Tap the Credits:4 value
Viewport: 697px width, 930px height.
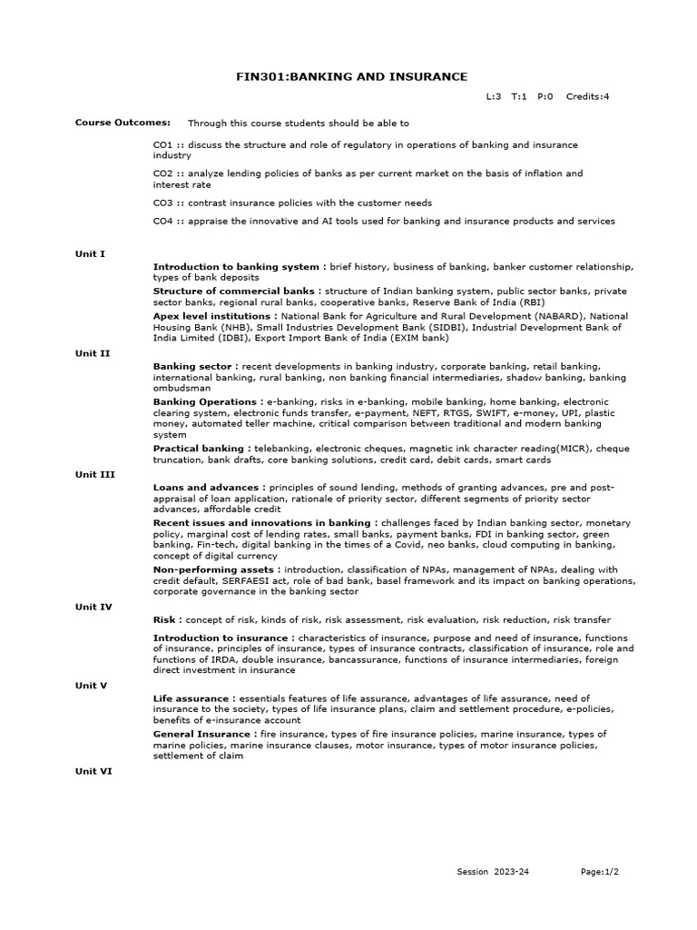click(x=587, y=95)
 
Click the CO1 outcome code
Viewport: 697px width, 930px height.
click(x=163, y=145)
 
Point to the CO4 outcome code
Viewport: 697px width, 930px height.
click(x=163, y=221)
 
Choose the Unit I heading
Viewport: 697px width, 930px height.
click(x=90, y=254)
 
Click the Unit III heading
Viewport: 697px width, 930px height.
click(x=94, y=474)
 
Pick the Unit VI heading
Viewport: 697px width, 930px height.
click(x=93, y=770)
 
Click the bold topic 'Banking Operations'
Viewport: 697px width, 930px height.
click(x=204, y=401)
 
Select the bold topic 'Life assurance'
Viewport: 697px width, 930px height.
click(x=191, y=697)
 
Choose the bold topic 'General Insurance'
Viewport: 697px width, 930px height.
click(x=201, y=734)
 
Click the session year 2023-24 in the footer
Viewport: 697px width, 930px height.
click(x=512, y=872)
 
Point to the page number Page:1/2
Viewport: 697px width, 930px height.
click(x=600, y=872)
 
